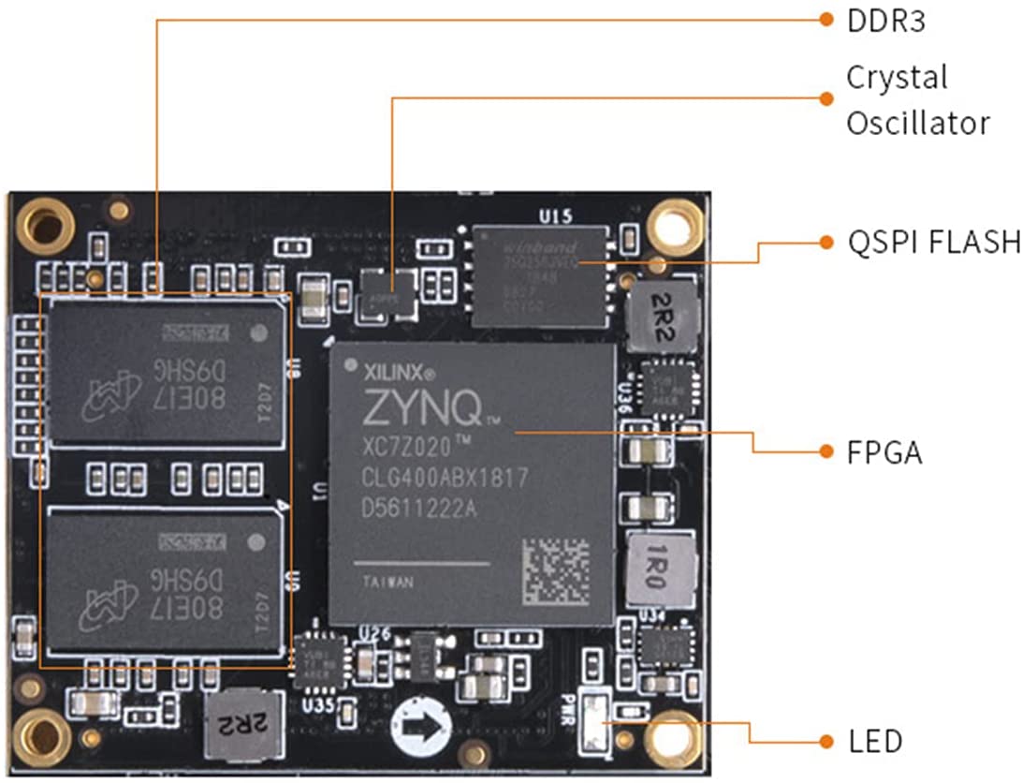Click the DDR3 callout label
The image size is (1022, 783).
pos(885,21)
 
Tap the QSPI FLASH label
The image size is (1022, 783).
pos(933,243)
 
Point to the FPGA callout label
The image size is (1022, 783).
pos(884,453)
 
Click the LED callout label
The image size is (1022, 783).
pos(875,742)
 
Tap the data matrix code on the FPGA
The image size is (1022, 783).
pos(555,570)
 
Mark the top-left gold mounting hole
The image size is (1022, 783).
pos(44,226)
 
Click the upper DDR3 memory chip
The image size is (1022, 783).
pos(166,372)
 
